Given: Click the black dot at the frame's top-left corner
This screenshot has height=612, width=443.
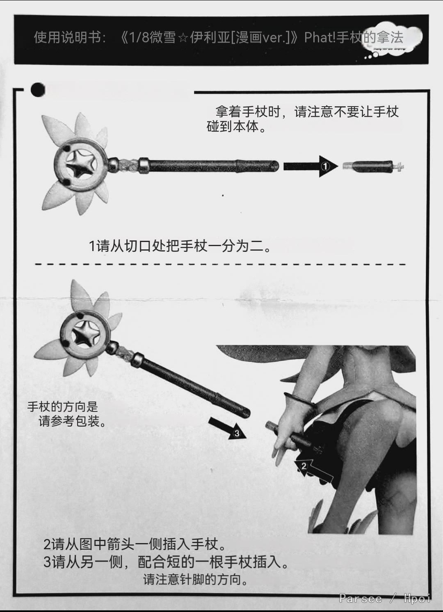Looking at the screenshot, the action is click(x=38, y=89).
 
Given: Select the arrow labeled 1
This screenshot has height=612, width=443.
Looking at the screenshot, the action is click(x=311, y=166).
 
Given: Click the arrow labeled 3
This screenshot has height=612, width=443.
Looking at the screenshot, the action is click(x=227, y=429).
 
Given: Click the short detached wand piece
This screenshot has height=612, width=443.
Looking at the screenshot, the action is click(x=373, y=166).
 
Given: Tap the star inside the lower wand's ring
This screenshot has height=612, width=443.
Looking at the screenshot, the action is click(x=85, y=335).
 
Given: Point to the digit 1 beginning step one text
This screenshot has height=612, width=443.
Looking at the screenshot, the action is click(x=92, y=246).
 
